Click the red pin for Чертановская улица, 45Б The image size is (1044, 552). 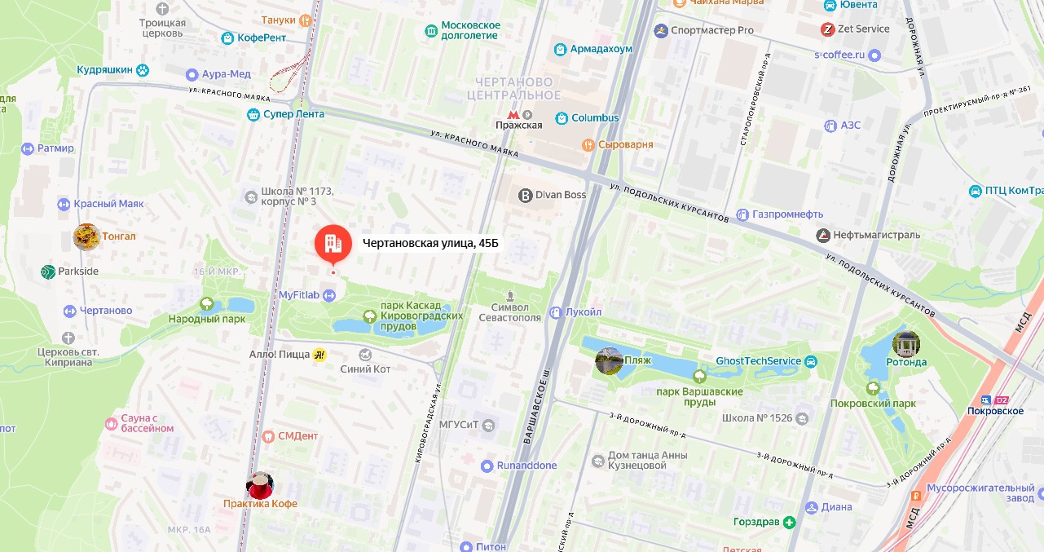point(333,242)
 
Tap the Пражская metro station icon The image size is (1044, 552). point(512,114)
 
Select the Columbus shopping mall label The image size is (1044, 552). point(595,118)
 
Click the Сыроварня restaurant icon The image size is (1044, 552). point(587,144)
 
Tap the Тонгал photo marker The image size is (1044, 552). point(86,236)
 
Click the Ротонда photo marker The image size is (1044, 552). point(905,344)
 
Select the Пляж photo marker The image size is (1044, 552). point(609,360)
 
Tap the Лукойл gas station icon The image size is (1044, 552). point(556,312)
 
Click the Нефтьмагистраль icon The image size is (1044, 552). point(823,236)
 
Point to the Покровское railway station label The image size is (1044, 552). point(996,411)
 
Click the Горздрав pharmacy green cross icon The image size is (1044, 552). point(789,522)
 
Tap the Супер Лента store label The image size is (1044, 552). point(293,114)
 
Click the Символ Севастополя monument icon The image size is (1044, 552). point(510,295)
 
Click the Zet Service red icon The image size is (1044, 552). point(827,29)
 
